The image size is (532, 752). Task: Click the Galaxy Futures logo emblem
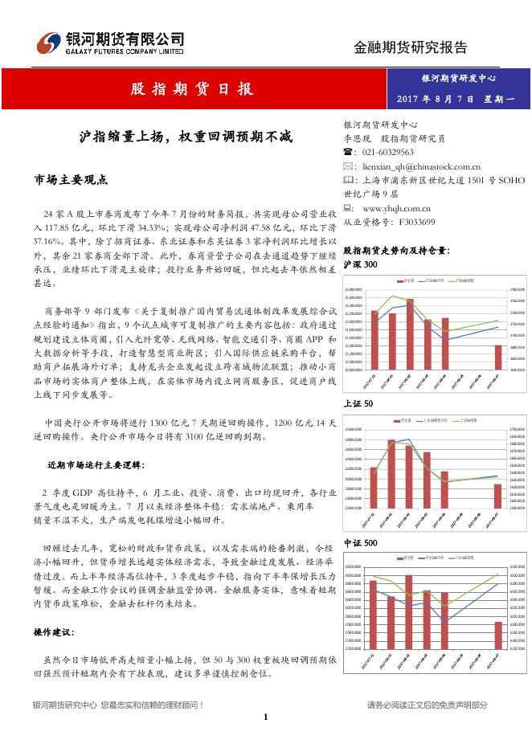pos(50,41)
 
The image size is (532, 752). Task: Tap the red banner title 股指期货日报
pos(192,88)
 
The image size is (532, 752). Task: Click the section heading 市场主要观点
pos(71,178)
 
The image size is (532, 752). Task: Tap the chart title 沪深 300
pos(359,264)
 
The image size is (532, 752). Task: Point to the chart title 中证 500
pos(359,544)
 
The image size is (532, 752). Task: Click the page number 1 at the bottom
pos(265,716)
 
